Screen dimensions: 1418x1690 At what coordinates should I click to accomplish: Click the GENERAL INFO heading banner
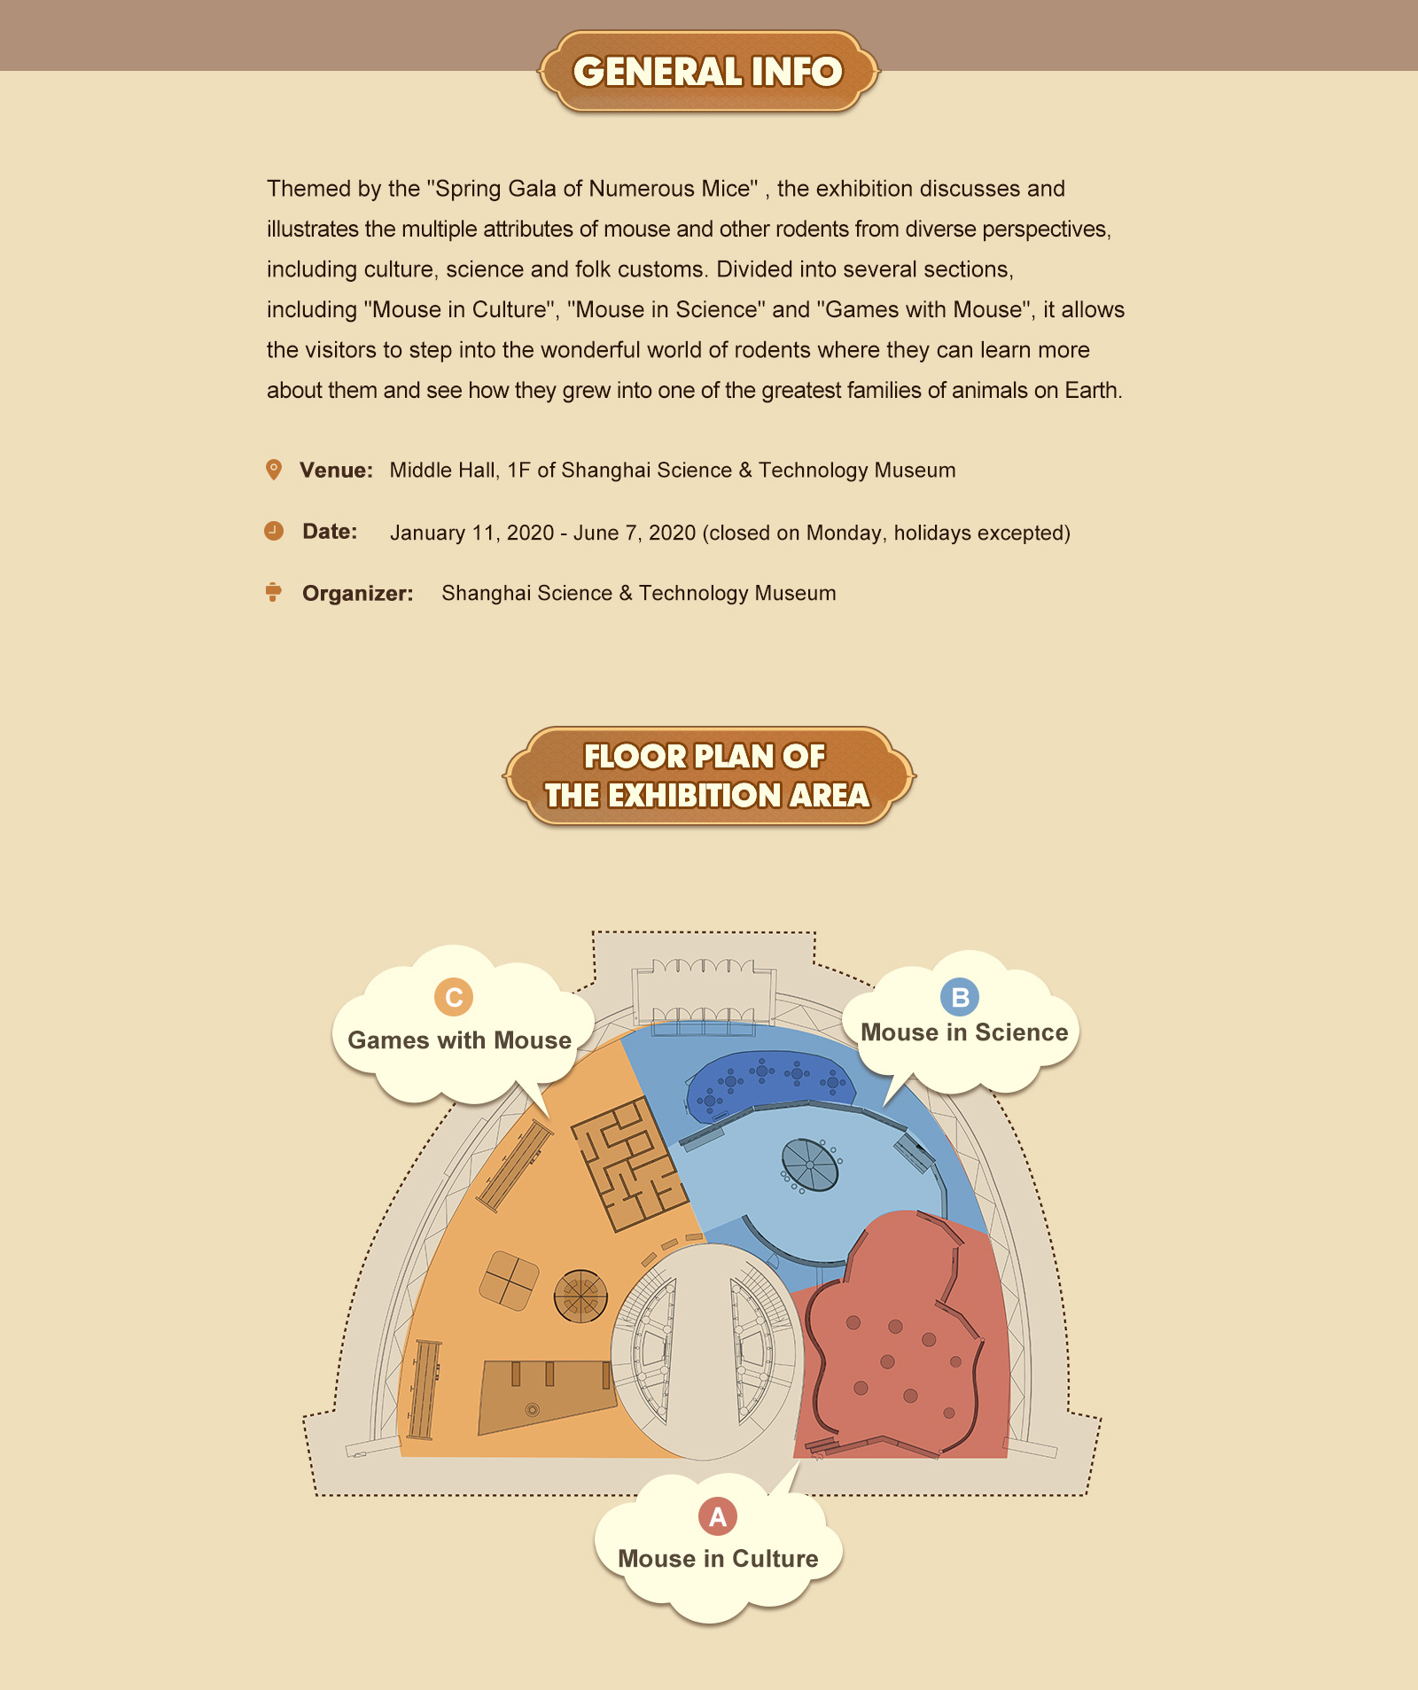[x=708, y=72]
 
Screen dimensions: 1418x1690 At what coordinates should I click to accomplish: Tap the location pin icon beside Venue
[x=274, y=470]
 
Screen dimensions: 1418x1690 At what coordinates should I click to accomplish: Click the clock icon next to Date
[x=274, y=531]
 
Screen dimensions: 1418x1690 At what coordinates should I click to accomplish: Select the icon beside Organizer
[x=274, y=592]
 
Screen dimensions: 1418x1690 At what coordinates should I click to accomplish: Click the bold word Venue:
[x=336, y=471]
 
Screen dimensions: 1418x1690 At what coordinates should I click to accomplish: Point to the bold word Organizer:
[x=358, y=594]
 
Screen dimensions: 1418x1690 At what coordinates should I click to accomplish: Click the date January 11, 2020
[x=472, y=533]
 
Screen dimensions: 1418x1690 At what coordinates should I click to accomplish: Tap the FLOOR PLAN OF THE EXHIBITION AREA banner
[x=708, y=776]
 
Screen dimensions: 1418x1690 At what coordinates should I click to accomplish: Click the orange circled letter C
[x=454, y=997]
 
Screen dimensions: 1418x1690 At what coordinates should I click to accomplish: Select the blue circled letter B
[x=960, y=997]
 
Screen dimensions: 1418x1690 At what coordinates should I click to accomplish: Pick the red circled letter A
[x=718, y=1516]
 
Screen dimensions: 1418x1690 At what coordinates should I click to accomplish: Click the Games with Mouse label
[x=459, y=1040]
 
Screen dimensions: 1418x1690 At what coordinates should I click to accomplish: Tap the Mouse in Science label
[x=964, y=1032]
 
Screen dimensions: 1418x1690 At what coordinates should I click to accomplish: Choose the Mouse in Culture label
[x=718, y=1559]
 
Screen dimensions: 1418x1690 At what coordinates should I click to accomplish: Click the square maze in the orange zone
[x=630, y=1164]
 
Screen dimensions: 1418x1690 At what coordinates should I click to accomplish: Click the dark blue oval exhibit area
[x=770, y=1086]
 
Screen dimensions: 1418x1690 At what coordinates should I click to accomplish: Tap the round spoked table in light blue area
[x=810, y=1164]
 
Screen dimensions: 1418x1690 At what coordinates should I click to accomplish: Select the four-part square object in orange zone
[x=509, y=1281]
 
